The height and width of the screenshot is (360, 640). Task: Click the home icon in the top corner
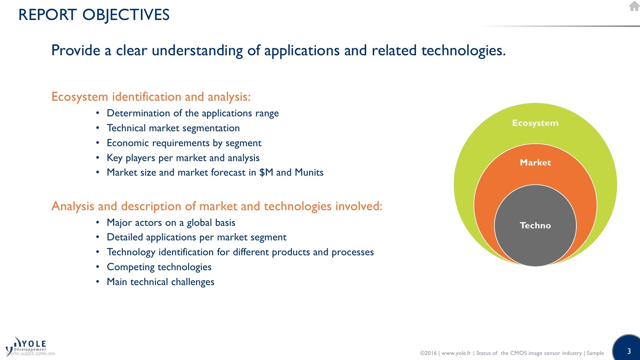[634, 6]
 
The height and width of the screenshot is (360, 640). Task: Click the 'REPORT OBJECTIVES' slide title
[94, 15]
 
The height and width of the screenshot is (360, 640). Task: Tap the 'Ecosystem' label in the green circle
[535, 123]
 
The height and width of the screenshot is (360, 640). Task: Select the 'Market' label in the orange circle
[535, 163]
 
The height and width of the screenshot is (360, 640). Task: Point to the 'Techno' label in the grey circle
[535, 225]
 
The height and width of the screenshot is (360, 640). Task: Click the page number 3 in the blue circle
[629, 351]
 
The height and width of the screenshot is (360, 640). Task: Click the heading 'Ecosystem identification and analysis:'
[151, 97]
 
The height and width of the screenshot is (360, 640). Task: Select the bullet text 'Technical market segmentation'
[173, 128]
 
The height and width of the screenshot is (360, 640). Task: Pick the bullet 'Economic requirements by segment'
[184, 143]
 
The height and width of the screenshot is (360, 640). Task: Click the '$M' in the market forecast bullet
[266, 172]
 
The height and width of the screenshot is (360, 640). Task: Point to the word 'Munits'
[309, 172]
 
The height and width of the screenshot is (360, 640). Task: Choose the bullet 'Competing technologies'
[159, 267]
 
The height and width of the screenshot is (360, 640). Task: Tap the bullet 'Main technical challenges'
[161, 282]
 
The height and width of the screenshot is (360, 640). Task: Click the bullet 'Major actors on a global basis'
[171, 223]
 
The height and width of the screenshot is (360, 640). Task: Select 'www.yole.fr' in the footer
[456, 353]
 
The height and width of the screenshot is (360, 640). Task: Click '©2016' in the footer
[428, 353]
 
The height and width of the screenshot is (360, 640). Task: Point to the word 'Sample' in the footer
[595, 353]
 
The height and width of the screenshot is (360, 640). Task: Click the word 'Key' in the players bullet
[115, 158]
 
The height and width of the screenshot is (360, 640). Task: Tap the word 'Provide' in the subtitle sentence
[76, 50]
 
